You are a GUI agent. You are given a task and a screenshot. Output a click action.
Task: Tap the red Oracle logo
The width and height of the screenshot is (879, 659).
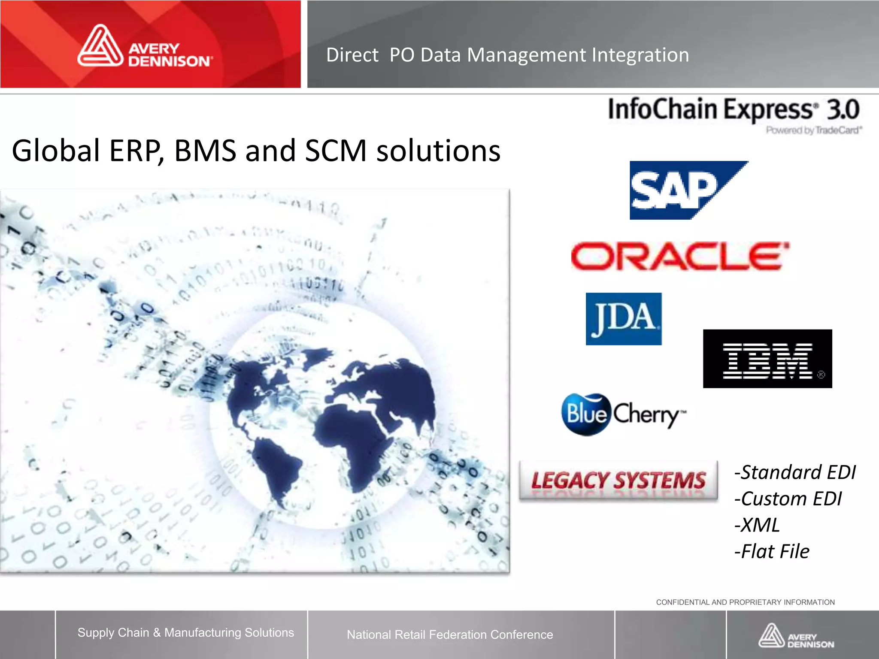pos(679,256)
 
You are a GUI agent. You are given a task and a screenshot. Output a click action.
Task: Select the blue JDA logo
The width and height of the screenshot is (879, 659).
pos(623,319)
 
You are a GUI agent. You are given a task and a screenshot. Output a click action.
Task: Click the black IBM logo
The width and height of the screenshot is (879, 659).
pos(767,359)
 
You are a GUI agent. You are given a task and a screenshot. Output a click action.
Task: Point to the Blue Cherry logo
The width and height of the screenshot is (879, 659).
pos(623,414)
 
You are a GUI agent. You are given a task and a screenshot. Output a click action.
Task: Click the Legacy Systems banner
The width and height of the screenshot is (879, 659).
pos(618,480)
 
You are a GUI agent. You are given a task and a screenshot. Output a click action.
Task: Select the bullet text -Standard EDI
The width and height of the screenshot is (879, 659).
pos(795,472)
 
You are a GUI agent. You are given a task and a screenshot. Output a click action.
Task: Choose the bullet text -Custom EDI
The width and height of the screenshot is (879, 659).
pos(788,499)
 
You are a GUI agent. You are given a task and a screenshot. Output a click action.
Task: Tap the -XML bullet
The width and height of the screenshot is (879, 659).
pos(757,525)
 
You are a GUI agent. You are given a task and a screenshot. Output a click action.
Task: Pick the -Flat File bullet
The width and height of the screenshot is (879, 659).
pos(772,552)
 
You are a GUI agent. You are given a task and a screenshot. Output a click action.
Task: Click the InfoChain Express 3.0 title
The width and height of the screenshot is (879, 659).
pos(733,109)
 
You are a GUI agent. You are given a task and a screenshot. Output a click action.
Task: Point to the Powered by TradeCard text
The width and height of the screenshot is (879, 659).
pos(814,130)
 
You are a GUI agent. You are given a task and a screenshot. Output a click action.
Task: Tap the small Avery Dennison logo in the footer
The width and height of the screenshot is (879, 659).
pos(796,636)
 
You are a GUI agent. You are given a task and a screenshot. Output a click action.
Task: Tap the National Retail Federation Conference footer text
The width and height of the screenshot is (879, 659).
pos(450,635)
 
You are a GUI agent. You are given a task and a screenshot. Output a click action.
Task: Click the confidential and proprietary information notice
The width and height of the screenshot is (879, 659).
pos(745,602)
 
